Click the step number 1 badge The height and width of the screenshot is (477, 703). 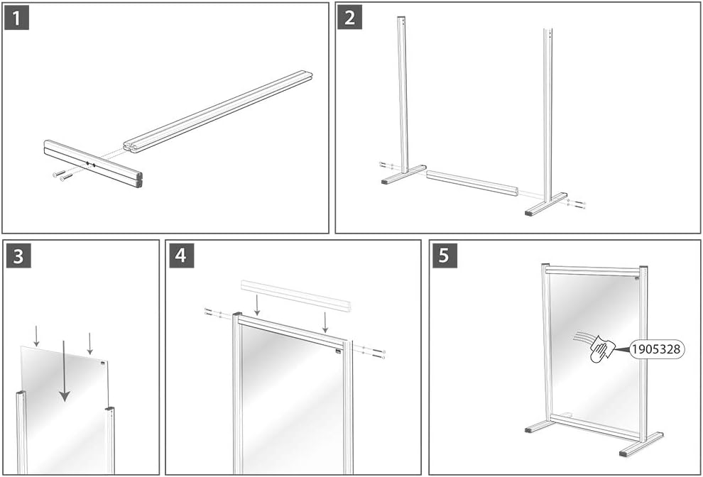16,17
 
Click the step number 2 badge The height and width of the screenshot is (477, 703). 350,17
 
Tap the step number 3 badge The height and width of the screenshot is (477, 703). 18,256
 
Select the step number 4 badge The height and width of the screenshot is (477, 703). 181,256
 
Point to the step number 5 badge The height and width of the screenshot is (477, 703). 445,256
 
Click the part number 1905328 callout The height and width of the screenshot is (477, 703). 657,349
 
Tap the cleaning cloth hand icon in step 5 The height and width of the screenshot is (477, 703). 602,350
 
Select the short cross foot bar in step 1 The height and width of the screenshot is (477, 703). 92,163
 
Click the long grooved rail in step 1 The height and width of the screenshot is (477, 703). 220,110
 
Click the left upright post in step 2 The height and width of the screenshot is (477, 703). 403,92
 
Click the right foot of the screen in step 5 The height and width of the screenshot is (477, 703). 641,444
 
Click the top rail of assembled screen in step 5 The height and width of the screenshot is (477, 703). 593,271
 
